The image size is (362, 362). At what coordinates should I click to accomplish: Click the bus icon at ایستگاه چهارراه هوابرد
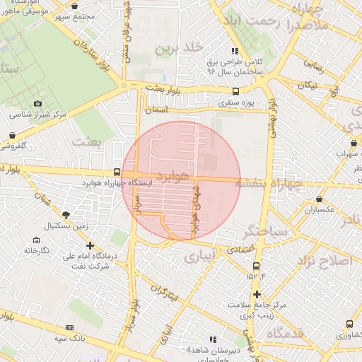pyautogui.click(x=117, y=172)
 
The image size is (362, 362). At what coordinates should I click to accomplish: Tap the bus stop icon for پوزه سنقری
pyautogui.click(x=235, y=91)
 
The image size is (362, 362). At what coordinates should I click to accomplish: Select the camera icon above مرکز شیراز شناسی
pyautogui.click(x=38, y=103)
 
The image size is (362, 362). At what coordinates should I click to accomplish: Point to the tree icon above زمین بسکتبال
pyautogui.click(x=66, y=215)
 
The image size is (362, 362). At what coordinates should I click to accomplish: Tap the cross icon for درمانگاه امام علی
pyautogui.click(x=90, y=245)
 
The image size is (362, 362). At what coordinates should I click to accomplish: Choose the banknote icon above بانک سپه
pyautogui.click(x=69, y=327)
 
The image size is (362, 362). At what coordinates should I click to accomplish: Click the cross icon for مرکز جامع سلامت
pyautogui.click(x=257, y=293)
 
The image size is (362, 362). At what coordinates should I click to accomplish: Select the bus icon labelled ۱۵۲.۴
pyautogui.click(x=256, y=266)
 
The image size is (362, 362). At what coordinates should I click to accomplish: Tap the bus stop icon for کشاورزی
pyautogui.click(x=349, y=324)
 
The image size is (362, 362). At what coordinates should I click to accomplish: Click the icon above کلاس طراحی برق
pyautogui.click(x=235, y=51)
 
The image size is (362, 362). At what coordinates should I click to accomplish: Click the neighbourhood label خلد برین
pyautogui.click(x=180, y=47)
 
